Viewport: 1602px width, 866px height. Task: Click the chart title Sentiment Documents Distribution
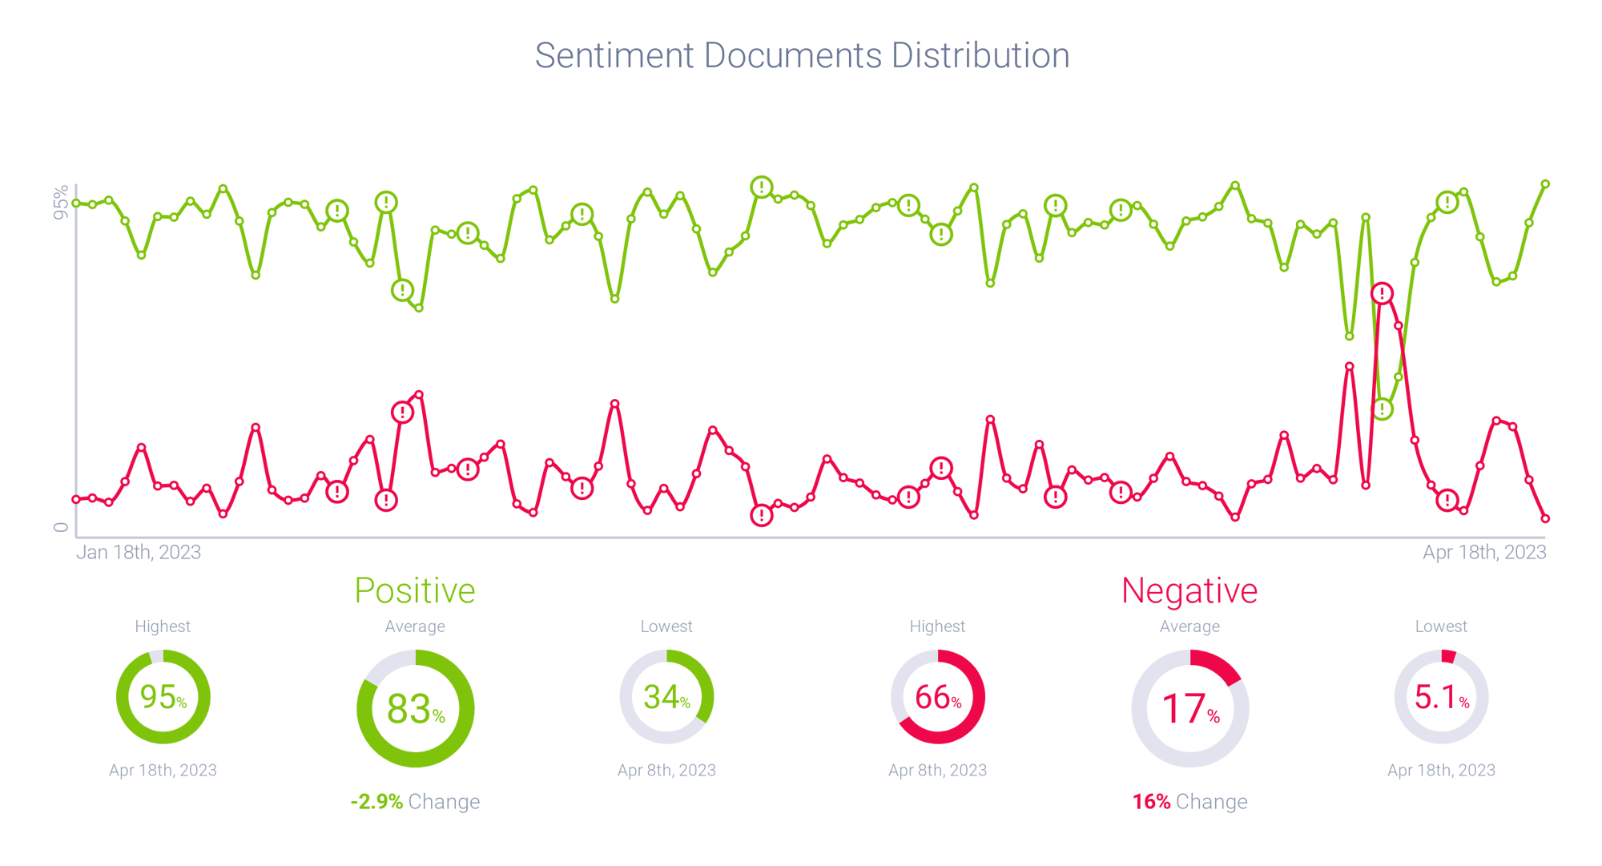pos(802,56)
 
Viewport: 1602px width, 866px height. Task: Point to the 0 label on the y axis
pos(61,526)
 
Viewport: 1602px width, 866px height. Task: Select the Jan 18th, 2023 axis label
pos(139,552)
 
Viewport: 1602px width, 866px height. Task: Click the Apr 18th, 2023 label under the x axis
pos(1483,552)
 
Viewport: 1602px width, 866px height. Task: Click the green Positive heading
pos(415,591)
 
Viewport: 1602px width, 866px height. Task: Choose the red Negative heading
pos(1189,591)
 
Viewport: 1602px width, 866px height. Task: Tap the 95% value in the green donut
pos(163,697)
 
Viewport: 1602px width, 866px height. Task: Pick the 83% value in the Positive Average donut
pos(415,709)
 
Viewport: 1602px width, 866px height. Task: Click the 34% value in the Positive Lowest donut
pos(666,697)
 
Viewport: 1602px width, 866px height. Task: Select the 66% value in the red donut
pos(937,697)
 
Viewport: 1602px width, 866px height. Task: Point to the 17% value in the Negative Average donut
pos(1189,709)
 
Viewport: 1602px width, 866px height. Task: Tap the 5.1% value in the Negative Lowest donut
pos(1441,697)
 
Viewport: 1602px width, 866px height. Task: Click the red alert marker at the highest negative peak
pos(1382,293)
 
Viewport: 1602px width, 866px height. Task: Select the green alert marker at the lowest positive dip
pos(1383,409)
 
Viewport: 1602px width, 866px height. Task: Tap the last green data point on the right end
pos(1546,184)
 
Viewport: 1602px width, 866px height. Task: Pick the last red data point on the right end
pos(1546,519)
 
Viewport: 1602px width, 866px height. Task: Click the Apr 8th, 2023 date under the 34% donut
pos(666,770)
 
